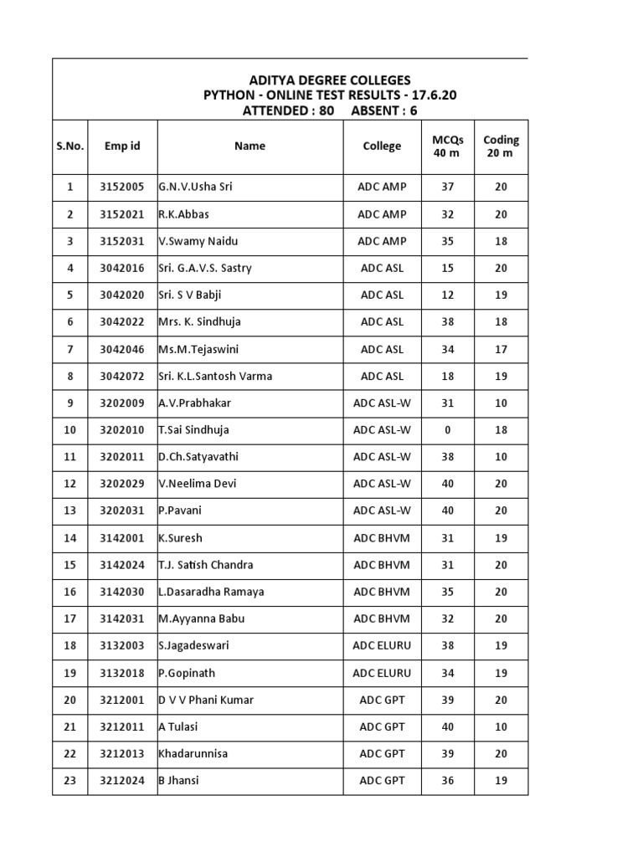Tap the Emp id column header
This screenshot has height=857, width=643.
pos(122,146)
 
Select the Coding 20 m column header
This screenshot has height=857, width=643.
pos(501,146)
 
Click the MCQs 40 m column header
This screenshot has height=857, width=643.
pos(448,146)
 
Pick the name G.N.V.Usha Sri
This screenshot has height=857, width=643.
pos(195,187)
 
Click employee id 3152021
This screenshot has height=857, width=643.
pos(122,214)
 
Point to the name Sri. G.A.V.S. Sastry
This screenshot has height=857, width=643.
pos(205,268)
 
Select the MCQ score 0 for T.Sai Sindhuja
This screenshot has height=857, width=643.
pos(448,430)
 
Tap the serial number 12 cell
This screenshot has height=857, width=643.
pos(69,484)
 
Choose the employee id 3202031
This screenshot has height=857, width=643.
pos(122,511)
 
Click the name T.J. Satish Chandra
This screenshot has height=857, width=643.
pos(206,565)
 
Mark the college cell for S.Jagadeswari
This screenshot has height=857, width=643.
pos(382,646)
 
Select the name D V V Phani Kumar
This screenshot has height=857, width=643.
pos(206,700)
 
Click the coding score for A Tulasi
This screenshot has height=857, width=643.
pos(501,726)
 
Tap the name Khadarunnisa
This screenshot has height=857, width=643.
pos(193,753)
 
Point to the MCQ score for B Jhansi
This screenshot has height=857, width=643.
pos(448,780)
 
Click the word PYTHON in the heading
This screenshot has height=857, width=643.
pos(229,95)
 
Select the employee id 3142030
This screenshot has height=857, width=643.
pos(122,592)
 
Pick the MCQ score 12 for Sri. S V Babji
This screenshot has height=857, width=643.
pos(448,295)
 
